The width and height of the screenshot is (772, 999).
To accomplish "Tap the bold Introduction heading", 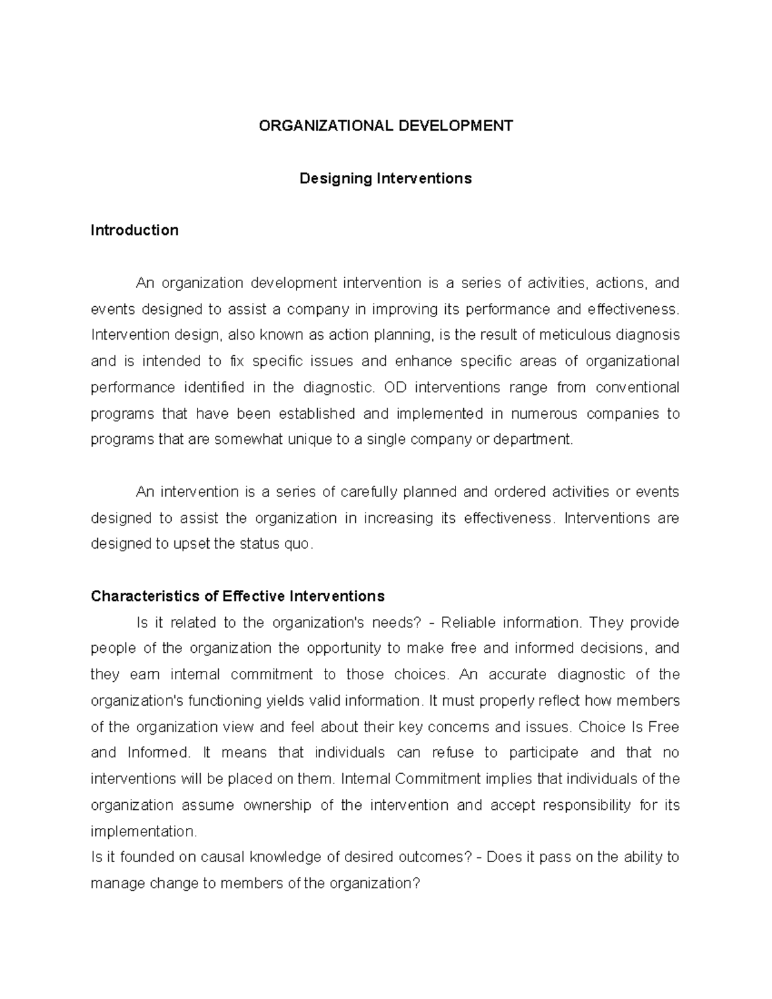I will click(x=134, y=230).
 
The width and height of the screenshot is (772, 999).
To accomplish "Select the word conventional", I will click(x=637, y=387).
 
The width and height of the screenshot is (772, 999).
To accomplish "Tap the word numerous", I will click(x=544, y=414).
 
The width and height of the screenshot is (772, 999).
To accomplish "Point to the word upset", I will click(x=190, y=544).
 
